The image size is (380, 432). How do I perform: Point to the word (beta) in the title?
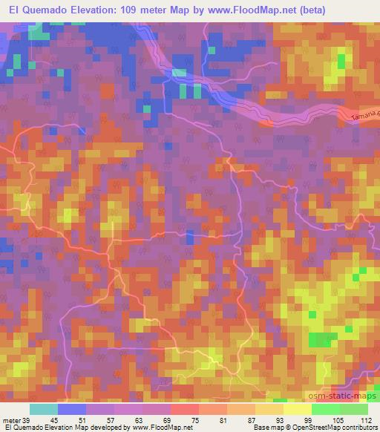point(312,11)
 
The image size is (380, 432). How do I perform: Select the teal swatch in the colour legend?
point(44,409)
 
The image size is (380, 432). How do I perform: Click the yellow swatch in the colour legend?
point(298,409)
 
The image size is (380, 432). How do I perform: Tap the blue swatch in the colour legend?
point(72,409)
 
